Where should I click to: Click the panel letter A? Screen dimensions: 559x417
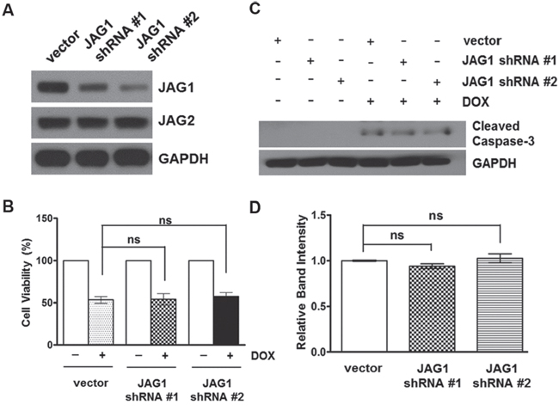click(x=8, y=10)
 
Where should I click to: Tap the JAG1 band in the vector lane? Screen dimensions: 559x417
click(x=52, y=88)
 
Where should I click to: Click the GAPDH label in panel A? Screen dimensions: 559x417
click(x=183, y=158)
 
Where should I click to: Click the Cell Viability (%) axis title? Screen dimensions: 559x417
click(x=27, y=283)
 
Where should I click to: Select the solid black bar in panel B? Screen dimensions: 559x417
click(x=226, y=321)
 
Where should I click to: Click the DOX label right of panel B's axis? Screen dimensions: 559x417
click(x=263, y=355)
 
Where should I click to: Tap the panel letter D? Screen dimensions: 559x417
click(x=255, y=208)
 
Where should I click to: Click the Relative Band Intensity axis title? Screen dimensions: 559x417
click(x=302, y=282)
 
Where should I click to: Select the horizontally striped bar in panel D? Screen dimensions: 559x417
click(x=500, y=305)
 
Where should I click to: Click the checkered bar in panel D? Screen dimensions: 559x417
click(x=432, y=309)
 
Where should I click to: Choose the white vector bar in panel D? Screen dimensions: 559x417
click(x=364, y=306)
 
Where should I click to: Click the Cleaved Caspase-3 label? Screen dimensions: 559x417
click(x=503, y=133)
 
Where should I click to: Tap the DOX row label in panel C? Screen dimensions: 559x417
click(x=476, y=102)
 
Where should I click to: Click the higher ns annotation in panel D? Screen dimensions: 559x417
click(x=436, y=216)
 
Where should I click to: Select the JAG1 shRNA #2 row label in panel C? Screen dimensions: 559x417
click(x=509, y=82)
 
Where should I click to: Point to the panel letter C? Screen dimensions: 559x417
click(x=255, y=9)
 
